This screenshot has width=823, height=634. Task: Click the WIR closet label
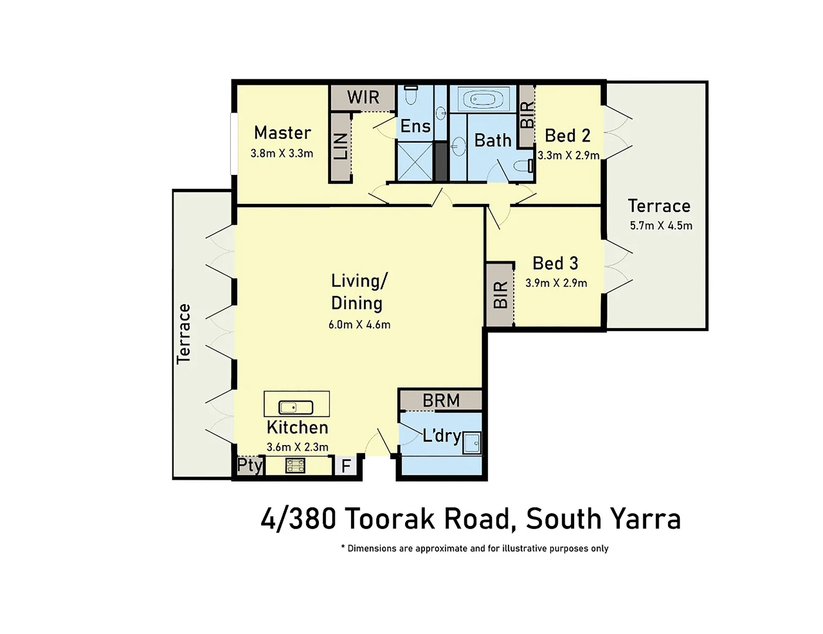363,97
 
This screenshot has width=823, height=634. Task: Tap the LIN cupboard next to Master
340,146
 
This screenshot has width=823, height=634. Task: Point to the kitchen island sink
295,407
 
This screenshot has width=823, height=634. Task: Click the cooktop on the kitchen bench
295,466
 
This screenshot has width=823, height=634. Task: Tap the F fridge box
346,466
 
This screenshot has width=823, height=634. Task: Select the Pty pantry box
249,466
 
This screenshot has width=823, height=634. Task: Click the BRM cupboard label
441,400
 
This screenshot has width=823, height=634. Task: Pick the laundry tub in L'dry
472,443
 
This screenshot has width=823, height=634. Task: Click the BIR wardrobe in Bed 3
500,295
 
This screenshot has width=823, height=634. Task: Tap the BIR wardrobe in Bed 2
527,115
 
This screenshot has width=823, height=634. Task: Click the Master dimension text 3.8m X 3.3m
282,154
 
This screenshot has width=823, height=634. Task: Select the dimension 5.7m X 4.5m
661,225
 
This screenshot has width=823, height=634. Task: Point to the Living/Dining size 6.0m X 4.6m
359,325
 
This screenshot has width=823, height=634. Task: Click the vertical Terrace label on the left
184,334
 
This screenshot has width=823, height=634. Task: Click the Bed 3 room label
555,263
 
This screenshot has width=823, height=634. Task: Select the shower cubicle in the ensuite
414,161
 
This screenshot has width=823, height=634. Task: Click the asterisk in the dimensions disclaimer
343,547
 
